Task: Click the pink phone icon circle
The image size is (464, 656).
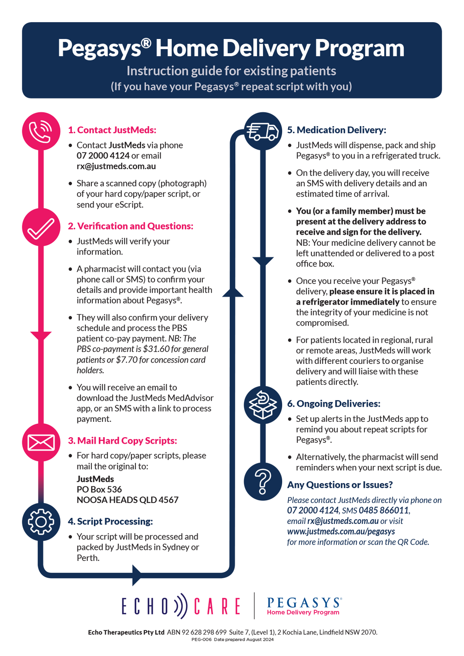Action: [41, 131]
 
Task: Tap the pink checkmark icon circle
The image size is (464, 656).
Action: [41, 227]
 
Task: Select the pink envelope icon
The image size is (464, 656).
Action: [41, 442]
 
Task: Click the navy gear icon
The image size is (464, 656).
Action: [41, 522]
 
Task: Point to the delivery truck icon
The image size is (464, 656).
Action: [263, 131]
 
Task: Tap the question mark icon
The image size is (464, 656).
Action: [263, 482]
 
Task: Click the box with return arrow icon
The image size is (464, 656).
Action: [263, 405]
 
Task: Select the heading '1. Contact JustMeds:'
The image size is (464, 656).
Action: [112, 130]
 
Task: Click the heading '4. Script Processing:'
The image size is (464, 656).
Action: [110, 522]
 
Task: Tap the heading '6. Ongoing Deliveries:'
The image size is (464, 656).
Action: [334, 404]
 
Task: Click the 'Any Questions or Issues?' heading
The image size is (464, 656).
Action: [340, 485]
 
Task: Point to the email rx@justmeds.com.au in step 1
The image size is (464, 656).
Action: [116, 166]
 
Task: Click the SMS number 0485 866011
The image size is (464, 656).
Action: [384, 510]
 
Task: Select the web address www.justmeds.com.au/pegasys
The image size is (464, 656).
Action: [341, 532]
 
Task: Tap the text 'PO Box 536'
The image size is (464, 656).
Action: [99, 490]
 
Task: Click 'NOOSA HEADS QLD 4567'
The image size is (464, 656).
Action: [128, 500]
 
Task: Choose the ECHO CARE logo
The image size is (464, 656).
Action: [181, 606]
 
